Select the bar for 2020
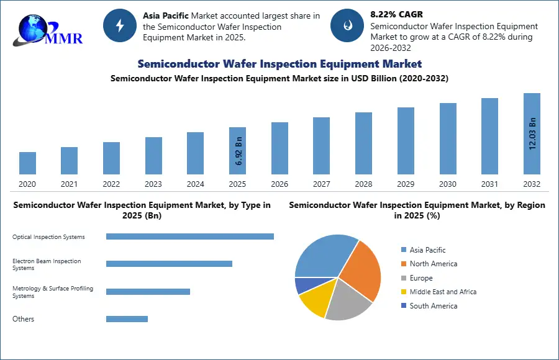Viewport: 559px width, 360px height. (27, 163)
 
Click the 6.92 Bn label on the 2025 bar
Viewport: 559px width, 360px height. (239, 150)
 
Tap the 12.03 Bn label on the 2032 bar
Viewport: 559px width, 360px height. (532, 133)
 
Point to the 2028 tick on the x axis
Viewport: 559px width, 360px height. (363, 184)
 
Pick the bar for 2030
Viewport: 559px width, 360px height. (448, 138)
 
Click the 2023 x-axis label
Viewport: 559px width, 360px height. (153, 184)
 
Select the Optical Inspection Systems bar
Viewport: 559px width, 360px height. (189, 236)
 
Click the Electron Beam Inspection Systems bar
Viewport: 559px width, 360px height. (169, 264)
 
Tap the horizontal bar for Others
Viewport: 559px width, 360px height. (127, 319)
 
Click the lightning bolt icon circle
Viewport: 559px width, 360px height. (120, 25)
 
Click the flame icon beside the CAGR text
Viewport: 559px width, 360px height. (347, 25)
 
